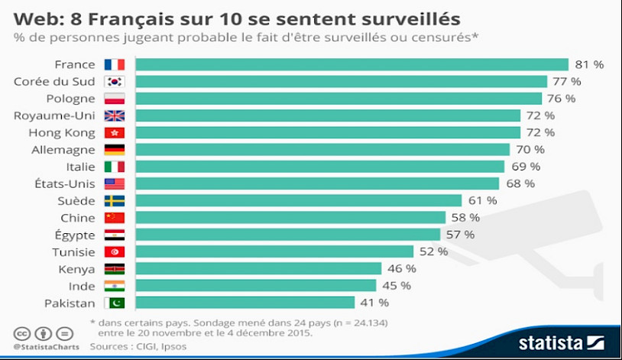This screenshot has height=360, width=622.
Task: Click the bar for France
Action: [x=352, y=64]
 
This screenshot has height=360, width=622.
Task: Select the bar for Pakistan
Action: [x=245, y=303]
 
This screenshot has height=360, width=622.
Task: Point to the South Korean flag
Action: [x=114, y=81]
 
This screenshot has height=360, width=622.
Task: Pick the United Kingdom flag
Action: [x=114, y=115]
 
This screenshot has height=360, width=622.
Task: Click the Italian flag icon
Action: [x=114, y=167]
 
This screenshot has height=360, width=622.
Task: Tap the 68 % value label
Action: [x=519, y=183]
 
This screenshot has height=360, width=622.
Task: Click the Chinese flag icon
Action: [x=114, y=218]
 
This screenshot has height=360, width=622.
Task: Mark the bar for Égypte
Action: [x=288, y=235]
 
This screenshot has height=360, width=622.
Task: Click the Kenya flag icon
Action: [x=114, y=269]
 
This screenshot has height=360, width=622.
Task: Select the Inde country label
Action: [x=83, y=286]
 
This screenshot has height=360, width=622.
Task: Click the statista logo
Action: [x=561, y=342]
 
